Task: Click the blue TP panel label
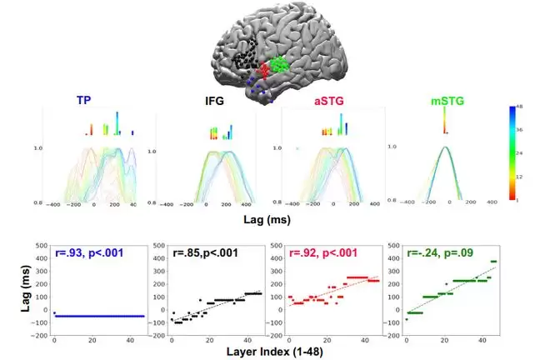coord(84,102)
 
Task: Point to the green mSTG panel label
coord(448,102)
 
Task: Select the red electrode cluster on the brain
coord(265,72)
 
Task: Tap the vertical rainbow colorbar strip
coord(511,153)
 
